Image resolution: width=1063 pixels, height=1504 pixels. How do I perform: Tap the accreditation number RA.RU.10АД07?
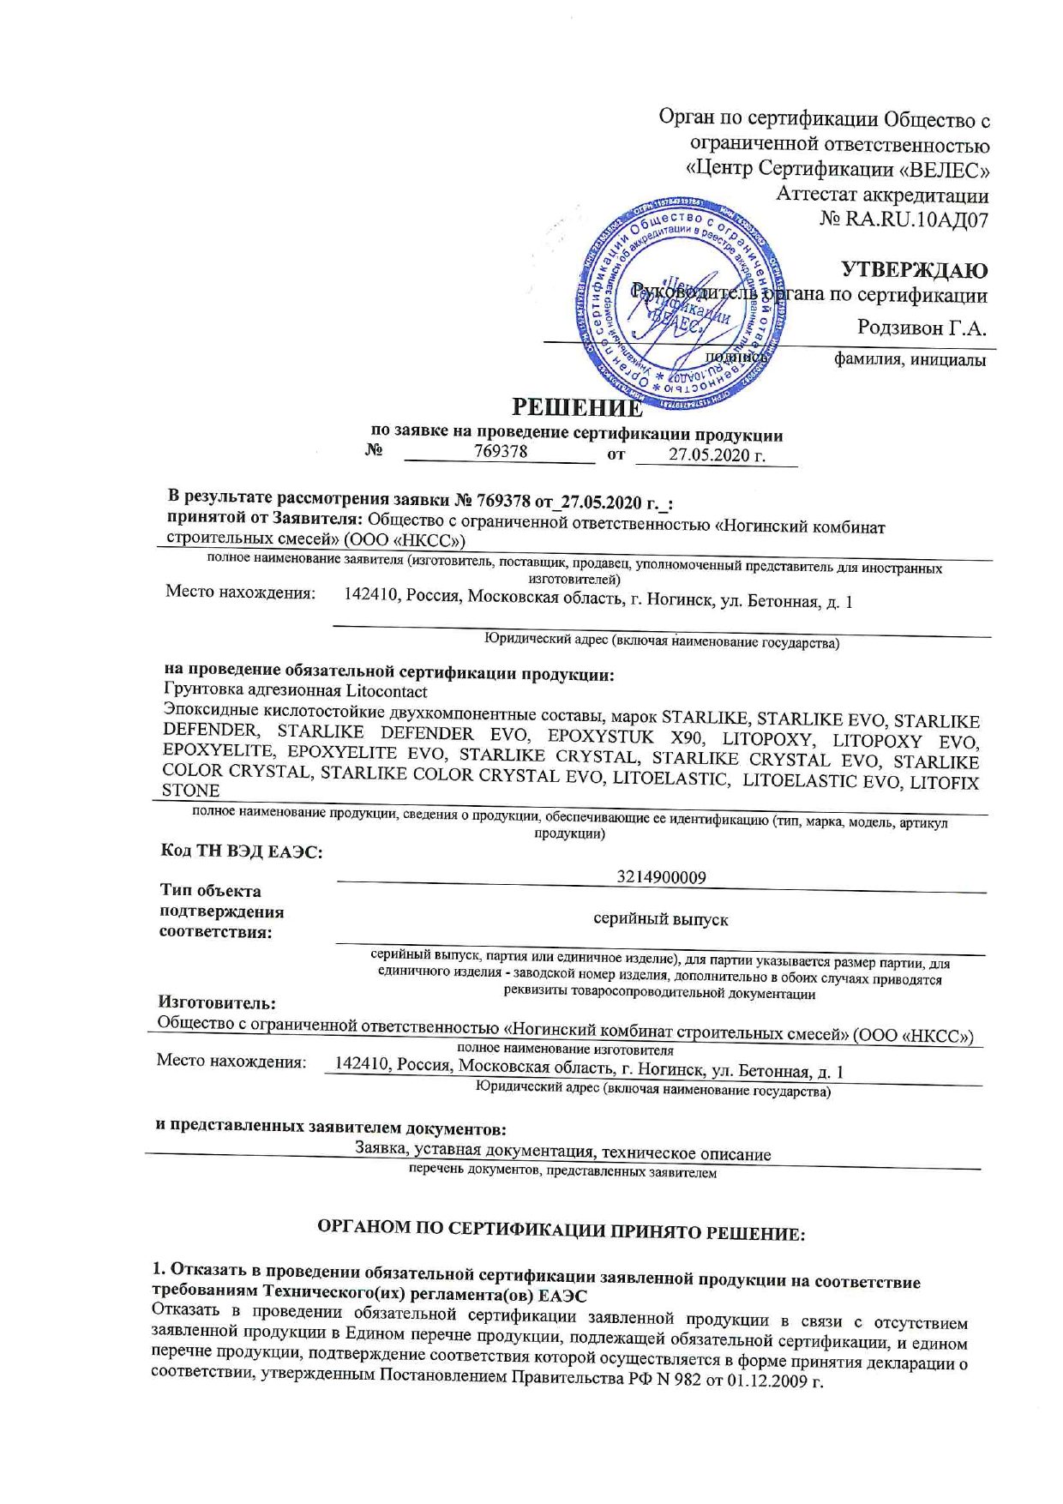point(916,220)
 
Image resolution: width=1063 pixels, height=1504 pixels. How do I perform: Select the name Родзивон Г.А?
point(922,328)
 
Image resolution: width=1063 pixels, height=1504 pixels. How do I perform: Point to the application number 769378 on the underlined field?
point(501,451)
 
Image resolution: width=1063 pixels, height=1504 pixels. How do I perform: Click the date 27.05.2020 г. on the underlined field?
point(716,455)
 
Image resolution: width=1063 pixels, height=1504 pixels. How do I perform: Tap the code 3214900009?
point(661,877)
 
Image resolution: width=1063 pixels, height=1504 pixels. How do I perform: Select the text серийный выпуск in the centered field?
point(661,919)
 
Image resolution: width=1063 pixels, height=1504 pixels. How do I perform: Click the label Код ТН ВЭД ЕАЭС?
point(242,851)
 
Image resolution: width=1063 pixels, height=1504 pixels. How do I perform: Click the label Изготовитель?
point(217,1002)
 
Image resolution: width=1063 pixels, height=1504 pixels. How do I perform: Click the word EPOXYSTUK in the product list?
point(602,737)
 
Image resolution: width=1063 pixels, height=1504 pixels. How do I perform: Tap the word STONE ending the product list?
point(190,791)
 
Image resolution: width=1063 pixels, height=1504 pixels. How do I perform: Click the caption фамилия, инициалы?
point(910,360)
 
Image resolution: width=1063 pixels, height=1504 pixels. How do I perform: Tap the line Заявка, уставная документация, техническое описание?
point(562,1153)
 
